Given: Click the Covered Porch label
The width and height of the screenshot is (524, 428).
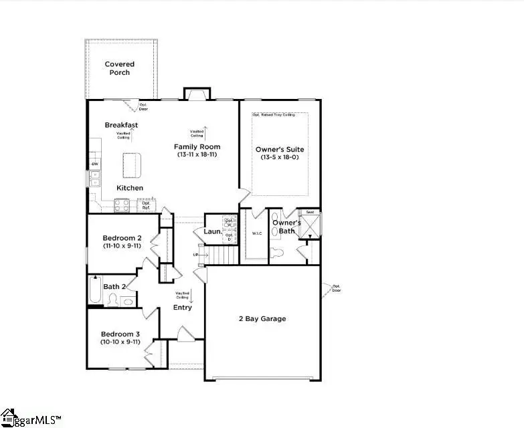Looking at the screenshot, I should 120,68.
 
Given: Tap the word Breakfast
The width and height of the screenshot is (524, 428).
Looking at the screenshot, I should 121,125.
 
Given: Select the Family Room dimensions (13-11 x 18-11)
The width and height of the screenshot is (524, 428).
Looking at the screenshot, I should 197,154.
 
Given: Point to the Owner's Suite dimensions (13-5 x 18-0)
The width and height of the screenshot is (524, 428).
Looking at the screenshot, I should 280,158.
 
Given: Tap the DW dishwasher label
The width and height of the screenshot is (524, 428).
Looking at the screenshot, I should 94,164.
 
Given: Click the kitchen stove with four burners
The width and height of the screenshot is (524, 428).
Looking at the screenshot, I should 122,206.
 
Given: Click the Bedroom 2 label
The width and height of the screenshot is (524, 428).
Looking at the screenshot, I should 122,238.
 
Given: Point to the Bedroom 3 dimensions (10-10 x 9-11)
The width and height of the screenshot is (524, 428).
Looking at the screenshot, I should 121,342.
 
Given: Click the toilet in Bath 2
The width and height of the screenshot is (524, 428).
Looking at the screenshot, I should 112,300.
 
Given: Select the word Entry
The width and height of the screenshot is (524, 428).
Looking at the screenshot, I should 182,308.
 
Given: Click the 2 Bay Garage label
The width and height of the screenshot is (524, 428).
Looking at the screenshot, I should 262,319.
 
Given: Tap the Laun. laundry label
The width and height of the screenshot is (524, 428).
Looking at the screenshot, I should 213,231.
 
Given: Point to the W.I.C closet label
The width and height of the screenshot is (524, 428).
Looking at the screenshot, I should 256,233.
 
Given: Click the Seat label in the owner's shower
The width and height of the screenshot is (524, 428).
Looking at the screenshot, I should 310,212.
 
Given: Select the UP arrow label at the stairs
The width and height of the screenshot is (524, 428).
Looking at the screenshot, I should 195,255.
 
